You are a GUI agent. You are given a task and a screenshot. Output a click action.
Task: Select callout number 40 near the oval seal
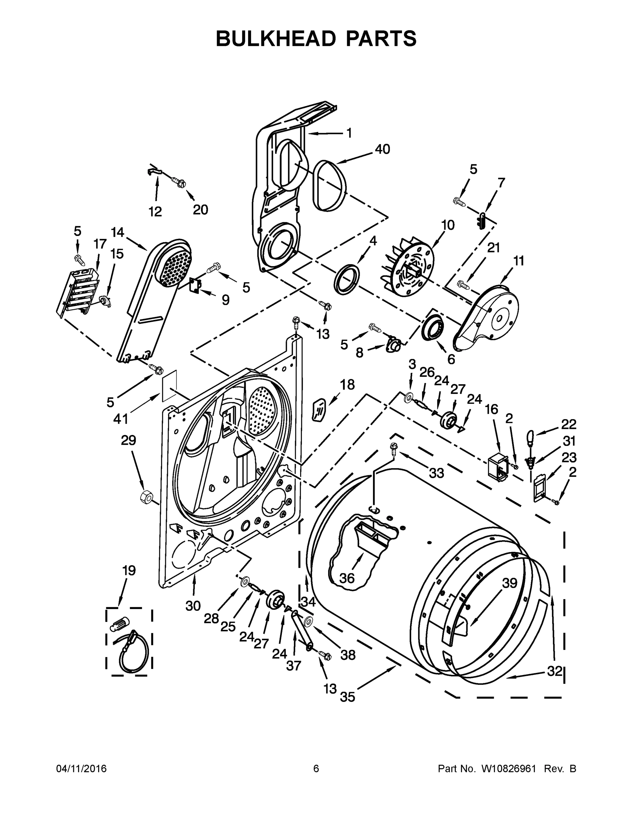point(382,149)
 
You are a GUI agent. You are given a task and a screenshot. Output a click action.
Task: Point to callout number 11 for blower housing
point(519,261)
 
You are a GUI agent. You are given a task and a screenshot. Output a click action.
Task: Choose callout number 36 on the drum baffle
point(347,578)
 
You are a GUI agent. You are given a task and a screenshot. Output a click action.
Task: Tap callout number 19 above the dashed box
point(129,571)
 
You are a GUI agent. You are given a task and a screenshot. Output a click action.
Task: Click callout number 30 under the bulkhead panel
point(193,605)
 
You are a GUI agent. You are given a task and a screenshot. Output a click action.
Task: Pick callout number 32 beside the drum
point(555,671)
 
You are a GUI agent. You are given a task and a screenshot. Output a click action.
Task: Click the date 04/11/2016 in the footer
point(81,768)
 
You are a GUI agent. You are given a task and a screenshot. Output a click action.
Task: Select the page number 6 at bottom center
point(316,768)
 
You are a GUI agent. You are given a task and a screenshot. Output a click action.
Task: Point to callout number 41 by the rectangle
point(121,419)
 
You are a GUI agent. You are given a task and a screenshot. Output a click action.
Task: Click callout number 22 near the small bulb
point(568,424)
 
